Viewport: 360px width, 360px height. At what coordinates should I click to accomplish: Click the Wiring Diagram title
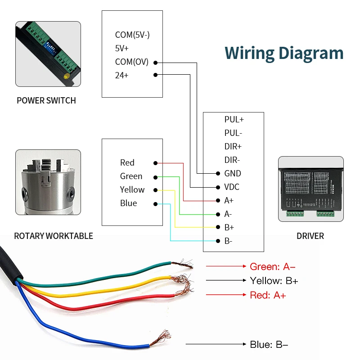coord(284,53)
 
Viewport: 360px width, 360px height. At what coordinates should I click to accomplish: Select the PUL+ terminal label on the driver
coord(234,120)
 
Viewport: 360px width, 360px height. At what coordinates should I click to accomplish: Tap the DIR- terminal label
coord(233,160)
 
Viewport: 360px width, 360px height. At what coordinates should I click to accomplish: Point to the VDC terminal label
coord(232,187)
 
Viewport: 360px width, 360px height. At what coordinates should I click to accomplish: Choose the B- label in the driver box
coord(228,241)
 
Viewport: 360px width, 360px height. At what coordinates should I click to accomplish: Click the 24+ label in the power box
coord(121,75)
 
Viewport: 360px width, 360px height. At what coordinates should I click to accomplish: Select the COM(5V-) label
coord(132,35)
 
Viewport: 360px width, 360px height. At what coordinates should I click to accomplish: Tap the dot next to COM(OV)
coord(155,63)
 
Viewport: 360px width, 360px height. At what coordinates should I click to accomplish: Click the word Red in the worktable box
coord(127,163)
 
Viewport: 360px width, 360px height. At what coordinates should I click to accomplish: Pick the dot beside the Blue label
coord(155,203)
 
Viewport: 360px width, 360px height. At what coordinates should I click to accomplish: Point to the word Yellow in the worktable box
coord(132,190)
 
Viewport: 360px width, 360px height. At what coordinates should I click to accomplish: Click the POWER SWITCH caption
coord(46,101)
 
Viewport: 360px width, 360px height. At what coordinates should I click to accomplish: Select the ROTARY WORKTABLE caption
coord(54,236)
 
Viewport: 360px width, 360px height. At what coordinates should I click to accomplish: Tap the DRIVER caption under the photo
coord(310,236)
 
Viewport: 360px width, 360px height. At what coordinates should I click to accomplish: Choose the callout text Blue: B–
coord(269,345)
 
